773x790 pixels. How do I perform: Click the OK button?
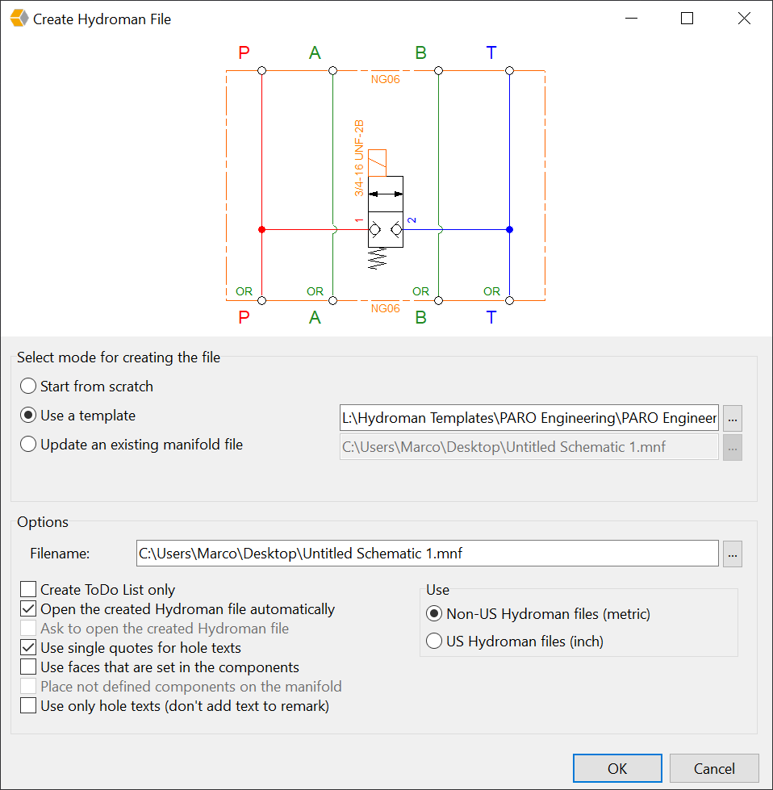point(617,768)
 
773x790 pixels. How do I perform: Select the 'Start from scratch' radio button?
point(28,387)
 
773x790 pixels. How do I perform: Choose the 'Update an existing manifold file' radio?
point(28,445)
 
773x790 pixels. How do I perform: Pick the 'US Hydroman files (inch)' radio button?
point(434,642)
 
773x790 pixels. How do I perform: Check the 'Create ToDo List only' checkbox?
point(28,589)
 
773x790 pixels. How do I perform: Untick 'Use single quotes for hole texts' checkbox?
point(28,647)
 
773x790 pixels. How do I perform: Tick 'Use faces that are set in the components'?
point(28,667)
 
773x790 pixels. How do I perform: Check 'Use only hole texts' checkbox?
point(28,706)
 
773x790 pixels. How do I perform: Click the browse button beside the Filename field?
point(733,554)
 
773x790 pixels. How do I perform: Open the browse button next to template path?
point(733,418)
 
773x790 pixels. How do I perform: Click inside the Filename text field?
point(428,554)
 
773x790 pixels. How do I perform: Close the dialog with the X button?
point(744,19)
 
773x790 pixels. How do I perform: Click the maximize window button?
point(687,19)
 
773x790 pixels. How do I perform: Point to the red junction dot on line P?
point(261,230)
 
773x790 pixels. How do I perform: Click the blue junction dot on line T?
point(509,230)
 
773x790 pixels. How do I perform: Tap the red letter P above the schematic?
point(244,52)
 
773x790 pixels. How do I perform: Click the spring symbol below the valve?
point(378,258)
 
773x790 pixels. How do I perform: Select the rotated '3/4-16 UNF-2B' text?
point(359,157)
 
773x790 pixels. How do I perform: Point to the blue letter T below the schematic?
point(491,317)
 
